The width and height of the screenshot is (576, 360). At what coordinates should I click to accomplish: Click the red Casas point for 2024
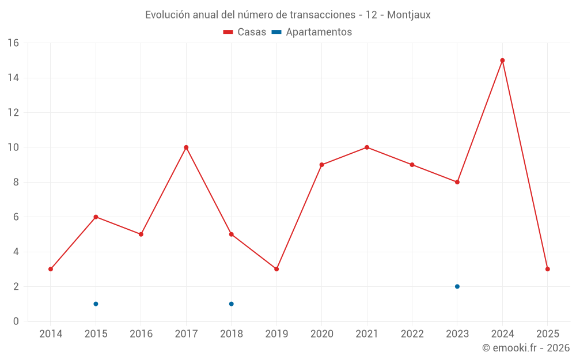pyautogui.click(x=502, y=60)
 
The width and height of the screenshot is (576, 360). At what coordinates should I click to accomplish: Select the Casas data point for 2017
pyautogui.click(x=186, y=147)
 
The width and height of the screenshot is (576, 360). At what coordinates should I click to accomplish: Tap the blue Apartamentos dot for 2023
pyautogui.click(x=457, y=286)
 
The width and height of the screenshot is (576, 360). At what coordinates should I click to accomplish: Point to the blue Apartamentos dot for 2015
pyautogui.click(x=96, y=304)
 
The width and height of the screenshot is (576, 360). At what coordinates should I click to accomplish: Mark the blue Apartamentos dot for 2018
pyautogui.click(x=231, y=304)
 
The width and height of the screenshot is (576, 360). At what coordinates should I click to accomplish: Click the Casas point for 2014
pyautogui.click(x=51, y=269)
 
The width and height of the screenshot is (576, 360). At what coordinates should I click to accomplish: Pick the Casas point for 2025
pyautogui.click(x=547, y=269)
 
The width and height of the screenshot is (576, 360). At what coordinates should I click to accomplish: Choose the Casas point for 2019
pyautogui.click(x=276, y=269)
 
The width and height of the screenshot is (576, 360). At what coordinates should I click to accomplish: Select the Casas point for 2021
pyautogui.click(x=367, y=147)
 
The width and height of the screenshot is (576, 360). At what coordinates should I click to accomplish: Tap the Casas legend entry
pyautogui.click(x=245, y=32)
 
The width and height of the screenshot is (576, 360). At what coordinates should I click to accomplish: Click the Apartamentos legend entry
pyautogui.click(x=312, y=32)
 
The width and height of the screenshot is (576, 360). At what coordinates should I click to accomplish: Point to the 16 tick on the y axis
pyautogui.click(x=13, y=43)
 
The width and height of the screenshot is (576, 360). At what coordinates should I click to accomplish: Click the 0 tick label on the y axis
pyautogui.click(x=16, y=321)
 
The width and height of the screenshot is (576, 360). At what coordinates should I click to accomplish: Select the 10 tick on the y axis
pyautogui.click(x=13, y=147)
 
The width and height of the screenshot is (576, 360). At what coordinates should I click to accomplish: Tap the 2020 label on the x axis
pyautogui.click(x=321, y=334)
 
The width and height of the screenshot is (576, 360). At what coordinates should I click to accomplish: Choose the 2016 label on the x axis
pyautogui.click(x=141, y=334)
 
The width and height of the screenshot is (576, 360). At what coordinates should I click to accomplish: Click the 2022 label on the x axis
pyautogui.click(x=412, y=334)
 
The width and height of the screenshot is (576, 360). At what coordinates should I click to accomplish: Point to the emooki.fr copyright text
pyautogui.click(x=525, y=348)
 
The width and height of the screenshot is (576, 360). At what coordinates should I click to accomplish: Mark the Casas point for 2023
pyautogui.click(x=457, y=182)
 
